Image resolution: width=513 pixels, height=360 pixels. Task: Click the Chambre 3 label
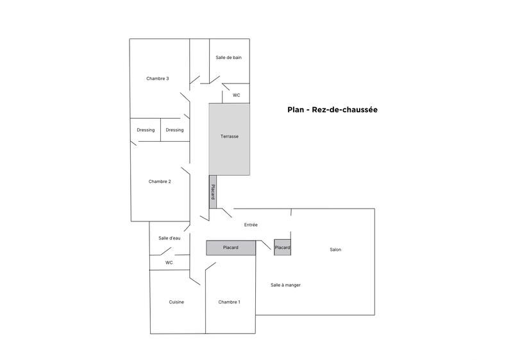click(x=158, y=79)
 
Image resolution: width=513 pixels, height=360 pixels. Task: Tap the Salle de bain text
click(x=228, y=58)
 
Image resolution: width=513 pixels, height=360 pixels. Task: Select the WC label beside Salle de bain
click(x=236, y=95)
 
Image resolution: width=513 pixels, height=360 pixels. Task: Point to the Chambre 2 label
click(x=160, y=182)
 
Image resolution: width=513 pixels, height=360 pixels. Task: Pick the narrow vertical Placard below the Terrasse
click(x=213, y=192)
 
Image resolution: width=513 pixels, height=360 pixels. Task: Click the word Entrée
click(x=251, y=225)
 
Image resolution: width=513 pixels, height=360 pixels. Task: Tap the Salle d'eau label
click(x=169, y=238)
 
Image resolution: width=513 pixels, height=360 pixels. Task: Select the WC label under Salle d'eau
click(x=169, y=262)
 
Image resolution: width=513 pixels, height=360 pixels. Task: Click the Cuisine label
click(x=177, y=302)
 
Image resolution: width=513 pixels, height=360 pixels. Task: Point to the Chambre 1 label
click(x=229, y=302)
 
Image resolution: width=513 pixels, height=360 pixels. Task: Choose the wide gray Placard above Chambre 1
click(x=231, y=248)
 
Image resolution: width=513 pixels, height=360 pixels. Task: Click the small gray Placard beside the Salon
click(x=282, y=248)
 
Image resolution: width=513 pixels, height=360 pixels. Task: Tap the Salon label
click(x=335, y=250)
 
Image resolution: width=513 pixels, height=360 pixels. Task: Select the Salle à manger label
click(x=285, y=285)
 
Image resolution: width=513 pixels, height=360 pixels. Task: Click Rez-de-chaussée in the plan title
click(x=345, y=110)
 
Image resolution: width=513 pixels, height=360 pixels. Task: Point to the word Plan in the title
click(x=296, y=110)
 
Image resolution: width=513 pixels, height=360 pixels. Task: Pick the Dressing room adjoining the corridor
click(x=174, y=130)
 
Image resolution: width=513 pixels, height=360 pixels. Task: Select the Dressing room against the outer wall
click(x=146, y=130)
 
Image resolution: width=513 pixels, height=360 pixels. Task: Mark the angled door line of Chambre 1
click(x=210, y=266)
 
